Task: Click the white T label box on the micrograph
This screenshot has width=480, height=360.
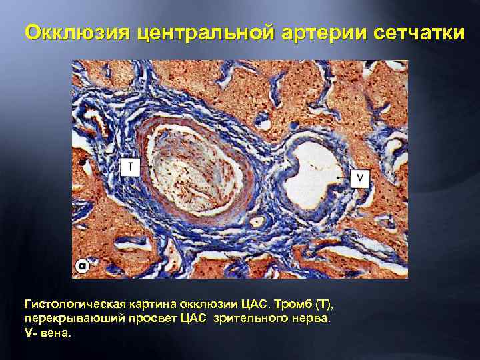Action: coord(130,167)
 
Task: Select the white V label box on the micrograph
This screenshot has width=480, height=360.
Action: coord(360,178)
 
